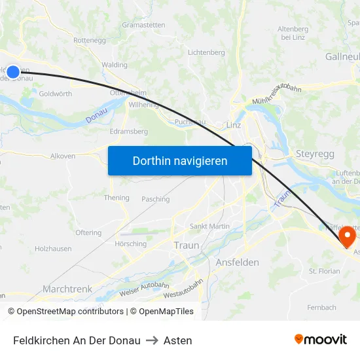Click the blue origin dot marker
12,71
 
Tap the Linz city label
233,124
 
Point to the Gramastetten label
144,25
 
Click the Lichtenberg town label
206,52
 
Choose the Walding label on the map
115,65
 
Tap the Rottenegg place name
90,40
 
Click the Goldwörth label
56,94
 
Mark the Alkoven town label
63,156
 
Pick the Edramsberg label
128,131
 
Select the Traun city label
187,245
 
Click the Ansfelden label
237,262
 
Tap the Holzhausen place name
53,249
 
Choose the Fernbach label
321,307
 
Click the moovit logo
320,340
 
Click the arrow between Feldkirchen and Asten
152,340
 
